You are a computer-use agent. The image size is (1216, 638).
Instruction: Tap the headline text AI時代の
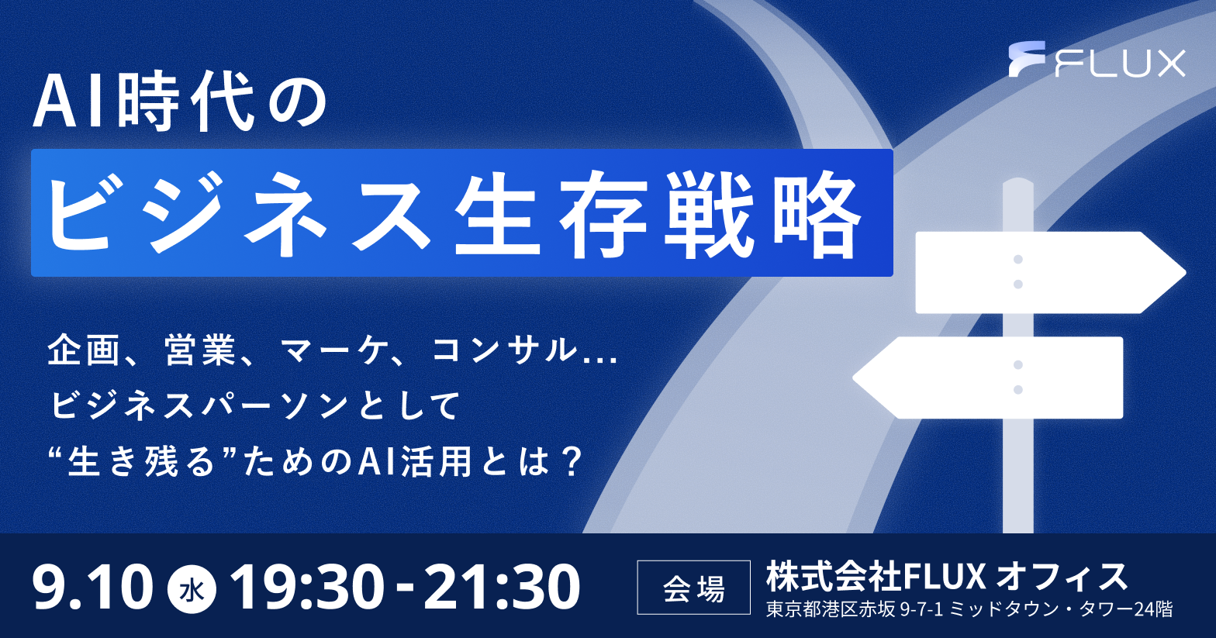point(180,103)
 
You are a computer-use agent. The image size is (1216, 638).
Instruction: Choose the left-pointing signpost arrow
point(987,378)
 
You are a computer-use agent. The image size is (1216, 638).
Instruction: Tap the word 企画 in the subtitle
point(83,350)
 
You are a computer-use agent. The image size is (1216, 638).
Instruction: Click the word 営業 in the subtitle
point(201,350)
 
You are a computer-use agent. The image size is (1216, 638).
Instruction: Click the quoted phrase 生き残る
point(141,462)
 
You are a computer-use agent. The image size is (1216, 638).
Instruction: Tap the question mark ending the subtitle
point(570,462)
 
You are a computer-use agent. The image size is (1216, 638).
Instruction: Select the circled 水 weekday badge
point(192,589)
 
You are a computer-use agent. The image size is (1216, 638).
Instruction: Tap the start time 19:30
point(307,587)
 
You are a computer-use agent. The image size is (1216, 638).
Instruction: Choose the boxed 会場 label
point(694,588)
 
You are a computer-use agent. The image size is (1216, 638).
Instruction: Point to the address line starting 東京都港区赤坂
point(969,609)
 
